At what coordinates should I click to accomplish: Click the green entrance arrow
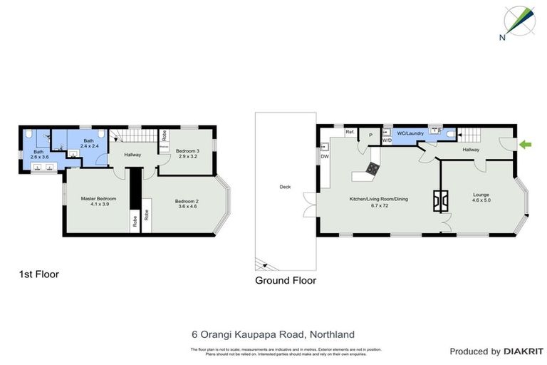coord(526,145)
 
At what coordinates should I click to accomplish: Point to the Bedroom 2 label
coord(187,204)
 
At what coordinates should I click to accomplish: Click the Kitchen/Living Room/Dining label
coord(378,202)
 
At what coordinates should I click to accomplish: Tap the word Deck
coord(285,187)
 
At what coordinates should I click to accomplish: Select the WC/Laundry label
coord(410,133)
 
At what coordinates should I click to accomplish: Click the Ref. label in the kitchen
coord(350,132)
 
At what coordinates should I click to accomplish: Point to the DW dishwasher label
coord(324,156)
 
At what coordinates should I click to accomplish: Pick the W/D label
coord(387,140)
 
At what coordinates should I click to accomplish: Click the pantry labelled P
coord(371,135)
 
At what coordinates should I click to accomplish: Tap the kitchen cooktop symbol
coord(373,168)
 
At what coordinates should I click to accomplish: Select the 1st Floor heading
coord(38,273)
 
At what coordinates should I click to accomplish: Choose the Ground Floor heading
coord(286,280)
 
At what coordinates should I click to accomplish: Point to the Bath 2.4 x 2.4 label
coord(88,143)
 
